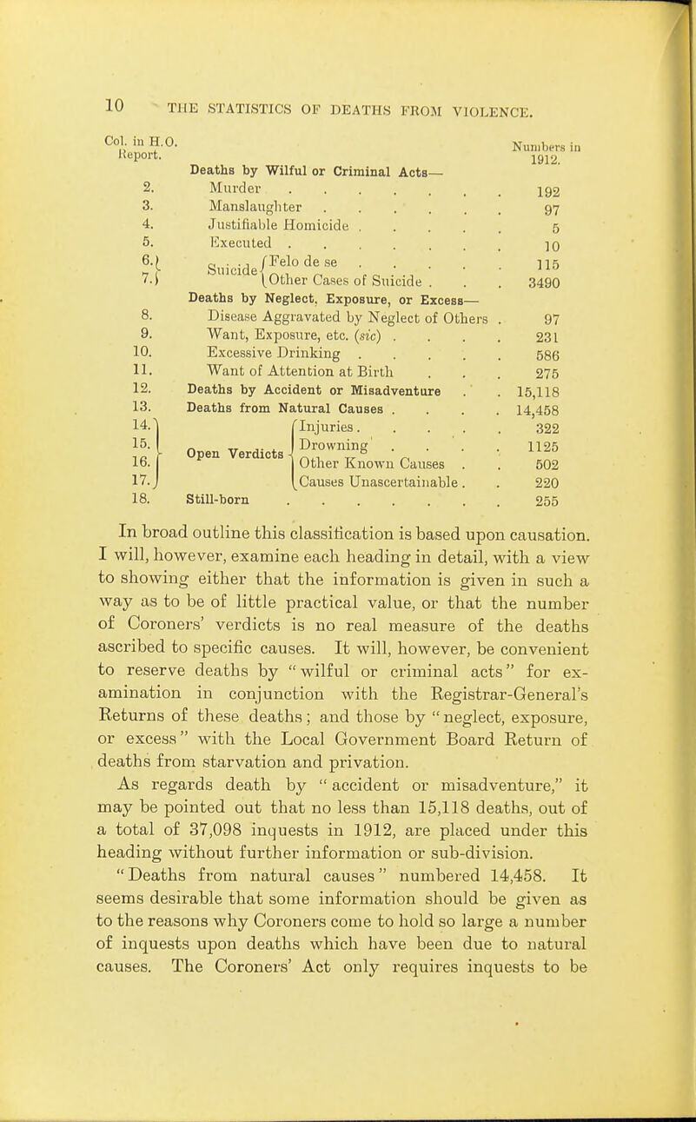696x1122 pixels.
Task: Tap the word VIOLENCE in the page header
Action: (x=496, y=109)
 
